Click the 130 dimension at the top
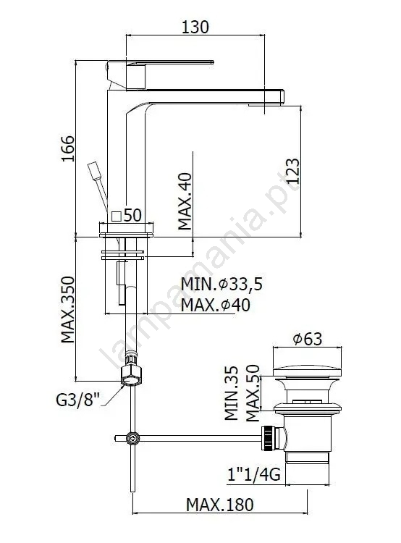pyautogui.click(x=195, y=27)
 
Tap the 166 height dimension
pyautogui.click(x=68, y=148)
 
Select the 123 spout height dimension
pyautogui.click(x=292, y=171)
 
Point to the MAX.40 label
pyautogui.click(x=185, y=201)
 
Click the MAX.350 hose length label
pyautogui.click(x=68, y=310)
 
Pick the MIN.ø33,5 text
pyautogui.click(x=222, y=285)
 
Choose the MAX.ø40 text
pyautogui.click(x=216, y=305)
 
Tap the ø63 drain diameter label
pyautogui.click(x=308, y=339)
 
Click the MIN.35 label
pyautogui.click(x=232, y=393)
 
